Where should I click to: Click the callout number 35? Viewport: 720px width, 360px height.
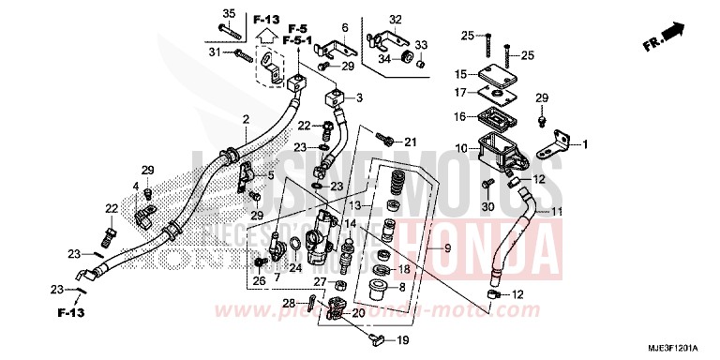coord(227,11)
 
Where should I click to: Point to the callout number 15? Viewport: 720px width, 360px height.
coord(460,74)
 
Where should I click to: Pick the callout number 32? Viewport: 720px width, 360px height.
coord(395,19)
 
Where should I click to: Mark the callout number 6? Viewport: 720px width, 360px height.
coord(344,26)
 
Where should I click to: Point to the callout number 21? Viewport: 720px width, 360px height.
coord(410,142)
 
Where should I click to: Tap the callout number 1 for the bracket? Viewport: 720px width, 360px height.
coord(584,144)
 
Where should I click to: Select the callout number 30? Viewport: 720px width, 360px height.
coord(487,205)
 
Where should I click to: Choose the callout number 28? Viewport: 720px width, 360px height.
coord(290,302)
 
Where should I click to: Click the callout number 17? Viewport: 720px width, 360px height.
coord(460,92)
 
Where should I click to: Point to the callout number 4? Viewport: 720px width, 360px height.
coord(135,187)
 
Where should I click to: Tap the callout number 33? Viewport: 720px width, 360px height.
coord(421,44)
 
